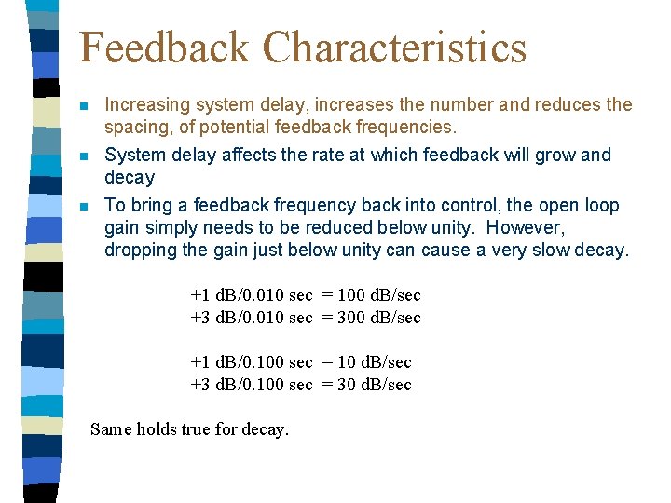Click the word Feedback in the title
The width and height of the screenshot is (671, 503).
[x=164, y=48]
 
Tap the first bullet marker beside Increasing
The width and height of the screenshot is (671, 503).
[x=85, y=106]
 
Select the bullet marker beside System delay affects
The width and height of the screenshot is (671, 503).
[x=85, y=156]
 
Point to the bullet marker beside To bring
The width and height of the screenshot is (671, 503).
[x=85, y=207]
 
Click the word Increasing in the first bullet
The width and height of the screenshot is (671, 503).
[x=147, y=105]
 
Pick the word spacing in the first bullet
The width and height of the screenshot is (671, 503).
[x=136, y=127]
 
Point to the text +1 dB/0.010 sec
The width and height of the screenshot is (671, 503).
[x=251, y=295]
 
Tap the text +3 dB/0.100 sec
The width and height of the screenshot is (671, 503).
[x=251, y=385]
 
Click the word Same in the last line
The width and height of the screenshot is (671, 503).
[x=111, y=429]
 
